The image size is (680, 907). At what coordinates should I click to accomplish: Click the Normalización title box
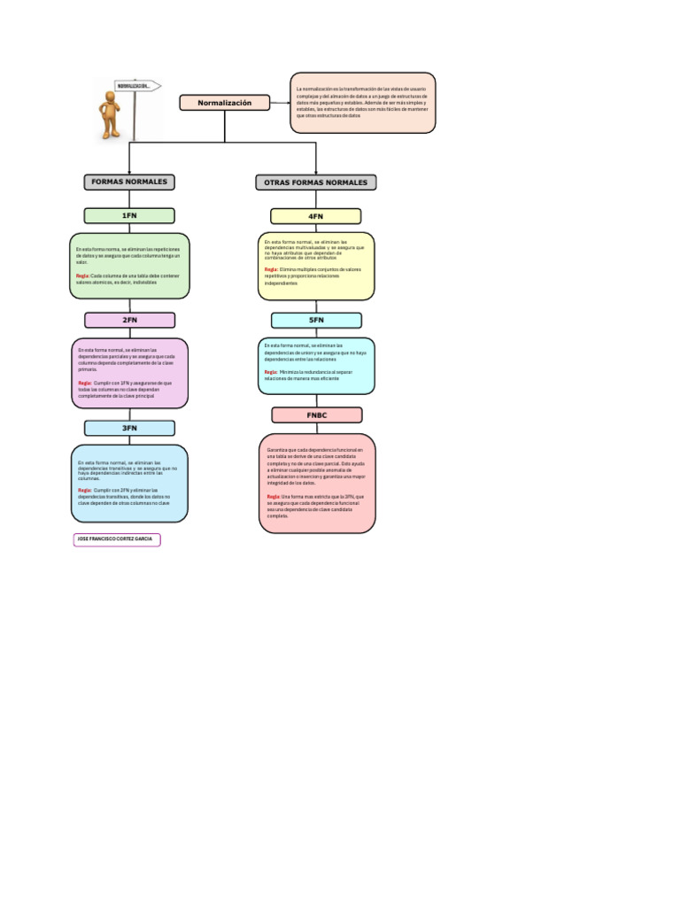point(224,103)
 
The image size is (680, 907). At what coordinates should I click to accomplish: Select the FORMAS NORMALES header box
point(129,182)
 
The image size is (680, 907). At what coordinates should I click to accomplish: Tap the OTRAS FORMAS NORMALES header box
point(316,182)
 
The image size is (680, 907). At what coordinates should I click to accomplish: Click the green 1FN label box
point(129,215)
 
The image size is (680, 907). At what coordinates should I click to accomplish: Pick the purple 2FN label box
point(129,320)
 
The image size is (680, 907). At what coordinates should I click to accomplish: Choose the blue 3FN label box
point(129,428)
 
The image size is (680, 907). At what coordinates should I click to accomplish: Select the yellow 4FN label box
point(316,216)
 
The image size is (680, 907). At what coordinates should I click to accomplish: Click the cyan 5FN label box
point(316,320)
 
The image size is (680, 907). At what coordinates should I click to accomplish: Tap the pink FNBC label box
point(316,415)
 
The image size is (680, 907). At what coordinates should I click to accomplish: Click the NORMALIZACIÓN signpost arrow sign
point(138,86)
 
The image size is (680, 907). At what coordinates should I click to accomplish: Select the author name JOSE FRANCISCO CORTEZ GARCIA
point(117,539)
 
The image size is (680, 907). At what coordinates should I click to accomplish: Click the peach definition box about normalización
point(363,103)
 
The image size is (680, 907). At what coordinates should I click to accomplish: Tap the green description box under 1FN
point(129,266)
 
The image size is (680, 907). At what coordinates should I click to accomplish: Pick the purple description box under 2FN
point(129,373)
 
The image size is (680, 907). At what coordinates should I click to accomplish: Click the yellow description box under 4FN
point(316,267)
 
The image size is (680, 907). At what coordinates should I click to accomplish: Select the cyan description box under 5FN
point(316,366)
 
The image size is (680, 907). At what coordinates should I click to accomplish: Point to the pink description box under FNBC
point(316,483)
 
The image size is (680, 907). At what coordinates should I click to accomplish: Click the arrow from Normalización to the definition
point(280,103)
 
